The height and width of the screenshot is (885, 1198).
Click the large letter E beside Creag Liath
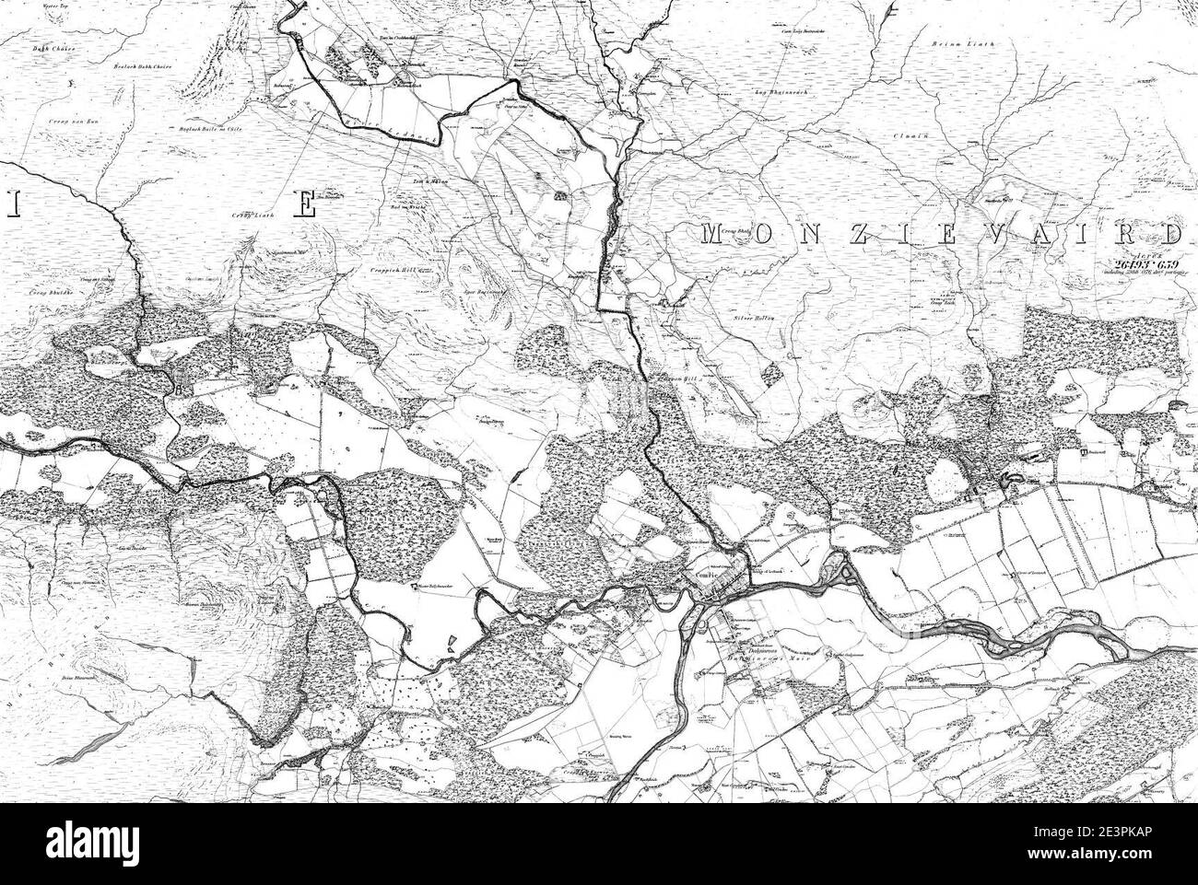point(304,204)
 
